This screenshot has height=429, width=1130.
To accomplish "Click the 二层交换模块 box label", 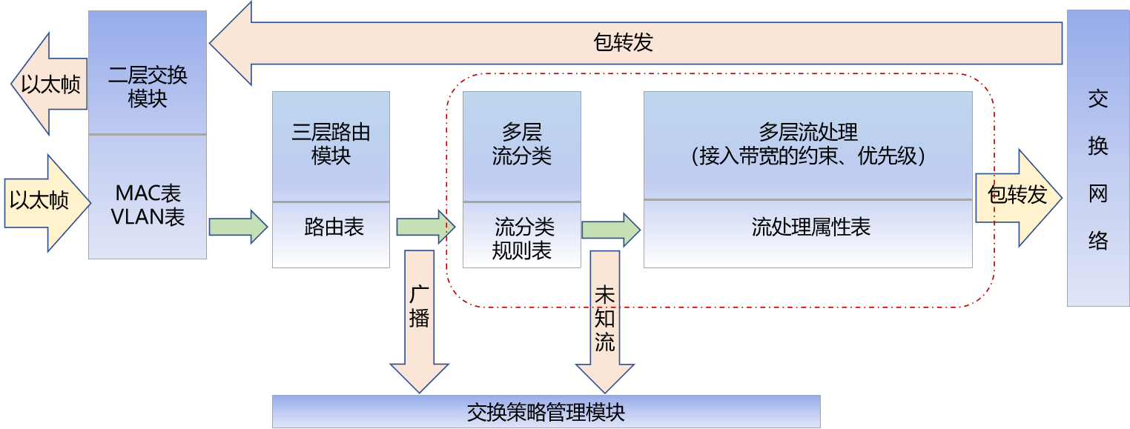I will (x=147, y=86).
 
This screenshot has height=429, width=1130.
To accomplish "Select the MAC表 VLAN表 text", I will (x=147, y=204).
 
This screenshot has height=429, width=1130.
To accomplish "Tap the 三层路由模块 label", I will (x=331, y=144).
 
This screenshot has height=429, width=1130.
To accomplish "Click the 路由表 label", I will (x=334, y=227).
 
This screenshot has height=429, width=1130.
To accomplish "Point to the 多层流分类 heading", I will (x=521, y=144).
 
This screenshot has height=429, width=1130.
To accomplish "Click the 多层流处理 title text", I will (x=807, y=133).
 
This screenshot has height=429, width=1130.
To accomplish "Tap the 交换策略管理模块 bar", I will (x=546, y=411).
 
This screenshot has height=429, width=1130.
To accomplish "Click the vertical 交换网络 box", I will (x=1097, y=158).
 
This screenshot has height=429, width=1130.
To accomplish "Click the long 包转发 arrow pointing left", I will (x=623, y=43).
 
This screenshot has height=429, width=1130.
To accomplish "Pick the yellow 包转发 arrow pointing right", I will (x=1018, y=197).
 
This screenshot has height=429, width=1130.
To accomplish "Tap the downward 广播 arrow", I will (x=419, y=319).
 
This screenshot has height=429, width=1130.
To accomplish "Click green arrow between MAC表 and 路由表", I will (x=238, y=227).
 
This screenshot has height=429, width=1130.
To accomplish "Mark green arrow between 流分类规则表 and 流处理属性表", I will (x=610, y=230).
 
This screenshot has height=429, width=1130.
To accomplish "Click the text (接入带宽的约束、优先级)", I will (x=807, y=156).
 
